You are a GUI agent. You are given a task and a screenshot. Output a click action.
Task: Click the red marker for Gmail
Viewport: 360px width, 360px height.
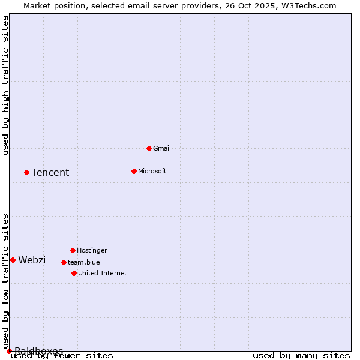point(149,148)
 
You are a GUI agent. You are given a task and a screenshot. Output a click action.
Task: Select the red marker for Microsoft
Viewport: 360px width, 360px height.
point(134,171)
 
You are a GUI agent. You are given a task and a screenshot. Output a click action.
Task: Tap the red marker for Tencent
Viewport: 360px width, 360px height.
point(26,172)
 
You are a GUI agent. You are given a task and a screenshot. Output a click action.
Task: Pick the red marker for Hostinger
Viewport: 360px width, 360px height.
point(73,250)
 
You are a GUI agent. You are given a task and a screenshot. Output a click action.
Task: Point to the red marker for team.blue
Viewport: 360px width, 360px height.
point(64,262)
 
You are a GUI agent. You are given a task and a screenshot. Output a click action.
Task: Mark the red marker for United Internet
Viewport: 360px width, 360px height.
point(74,273)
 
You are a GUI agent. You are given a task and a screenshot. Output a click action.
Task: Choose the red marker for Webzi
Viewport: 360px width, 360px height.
point(13,260)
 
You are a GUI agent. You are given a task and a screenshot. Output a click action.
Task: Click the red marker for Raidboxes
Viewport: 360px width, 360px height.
point(9,351)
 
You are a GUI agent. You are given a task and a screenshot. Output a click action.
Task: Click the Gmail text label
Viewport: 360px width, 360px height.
point(162,148)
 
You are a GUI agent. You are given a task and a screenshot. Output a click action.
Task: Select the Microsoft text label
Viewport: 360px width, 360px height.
point(152,171)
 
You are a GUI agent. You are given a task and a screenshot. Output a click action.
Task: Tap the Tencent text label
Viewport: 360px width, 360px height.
point(50,172)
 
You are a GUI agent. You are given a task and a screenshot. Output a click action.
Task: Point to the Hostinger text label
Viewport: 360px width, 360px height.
point(92,250)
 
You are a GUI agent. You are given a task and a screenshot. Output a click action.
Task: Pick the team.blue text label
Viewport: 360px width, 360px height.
point(84,262)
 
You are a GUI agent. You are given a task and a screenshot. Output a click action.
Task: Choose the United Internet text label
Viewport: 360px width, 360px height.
point(103,273)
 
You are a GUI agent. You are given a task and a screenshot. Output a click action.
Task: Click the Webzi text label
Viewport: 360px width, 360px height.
point(32,260)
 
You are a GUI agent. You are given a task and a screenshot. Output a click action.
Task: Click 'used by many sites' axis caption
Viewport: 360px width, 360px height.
point(301,356)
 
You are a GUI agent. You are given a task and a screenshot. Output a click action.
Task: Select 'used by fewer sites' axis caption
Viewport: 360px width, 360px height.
point(62,356)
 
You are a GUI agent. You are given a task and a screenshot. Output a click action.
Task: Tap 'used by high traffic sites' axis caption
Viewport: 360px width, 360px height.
point(6,85)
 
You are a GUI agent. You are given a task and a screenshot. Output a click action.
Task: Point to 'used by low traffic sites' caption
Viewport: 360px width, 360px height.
point(6,281)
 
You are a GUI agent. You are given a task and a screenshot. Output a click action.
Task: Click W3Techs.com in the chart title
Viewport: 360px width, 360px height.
point(307,5)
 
